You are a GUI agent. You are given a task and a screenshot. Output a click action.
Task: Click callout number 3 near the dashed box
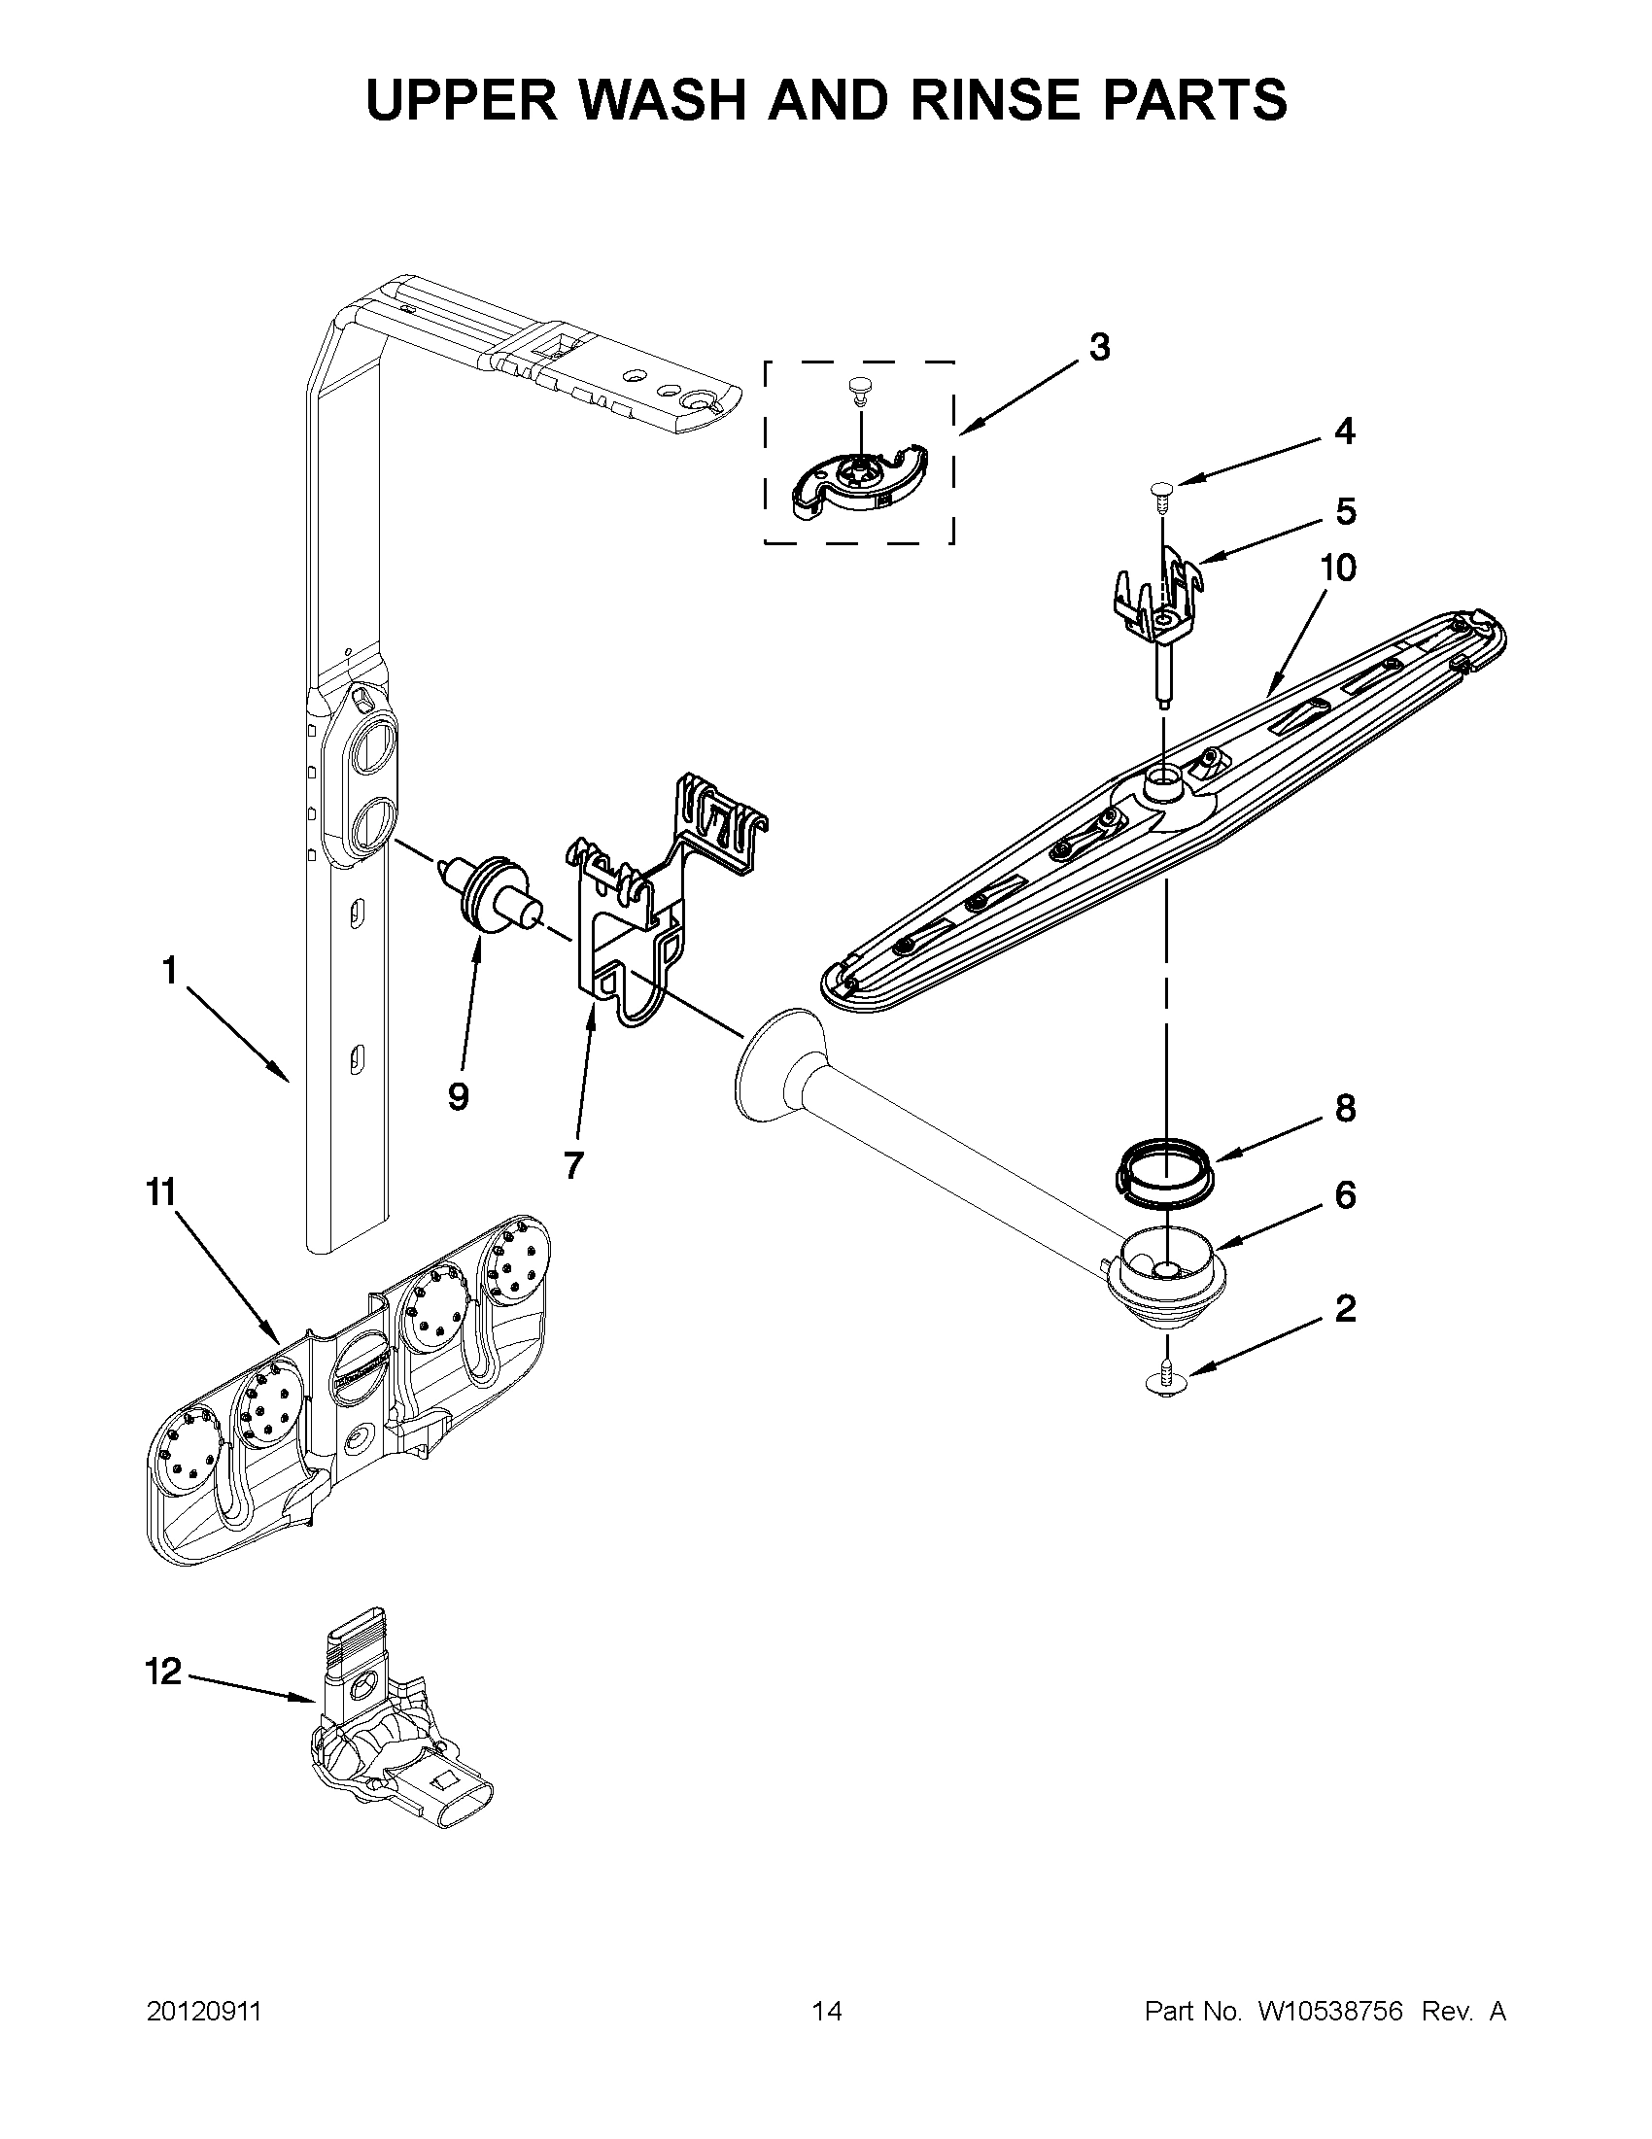pos(1100,347)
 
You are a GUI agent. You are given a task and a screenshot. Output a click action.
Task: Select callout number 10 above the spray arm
pos(1339,568)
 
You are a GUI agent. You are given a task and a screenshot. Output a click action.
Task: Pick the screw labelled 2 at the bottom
pos(1165,1378)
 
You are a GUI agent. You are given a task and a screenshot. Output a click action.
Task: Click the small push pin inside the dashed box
pos(859,389)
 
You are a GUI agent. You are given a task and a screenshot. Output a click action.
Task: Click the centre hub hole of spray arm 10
pos(1163,780)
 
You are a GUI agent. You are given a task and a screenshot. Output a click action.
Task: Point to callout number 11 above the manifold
pos(160,1191)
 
